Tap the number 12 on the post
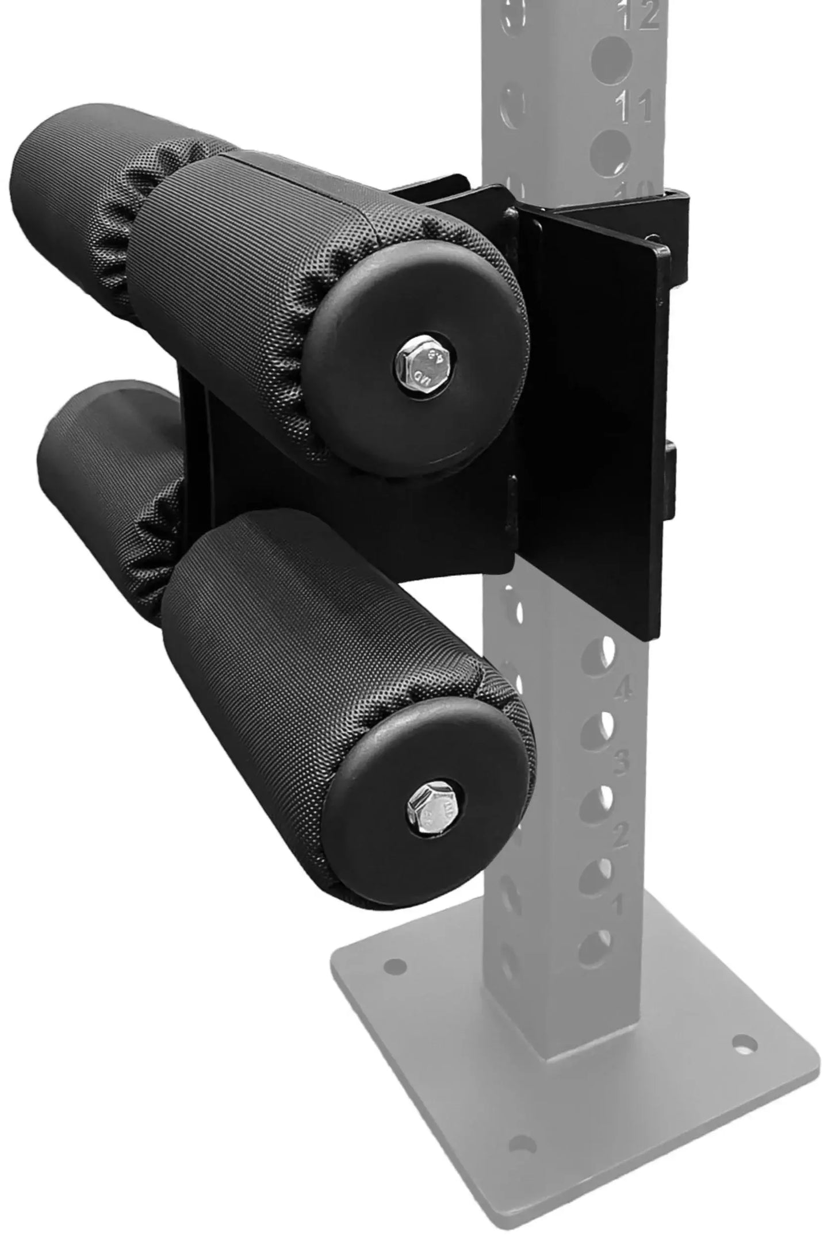pos(639,16)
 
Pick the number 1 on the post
pos(616,907)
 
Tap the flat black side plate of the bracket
pos(598,414)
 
